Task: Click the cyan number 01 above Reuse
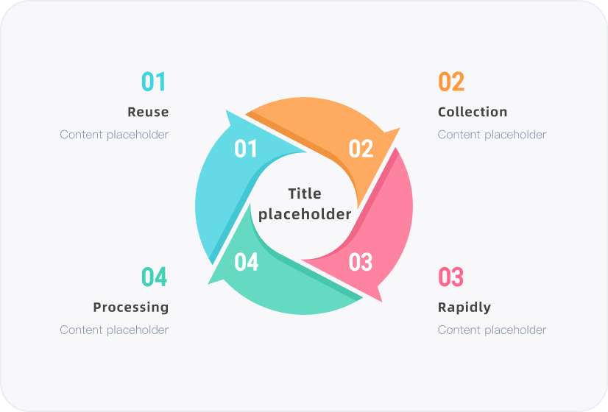click(x=154, y=82)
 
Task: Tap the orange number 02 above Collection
click(x=451, y=82)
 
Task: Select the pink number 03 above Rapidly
click(x=450, y=277)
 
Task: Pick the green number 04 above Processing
click(x=154, y=277)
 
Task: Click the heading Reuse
click(x=148, y=112)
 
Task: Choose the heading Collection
click(x=473, y=112)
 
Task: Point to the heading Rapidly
click(x=464, y=308)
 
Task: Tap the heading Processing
click(x=131, y=308)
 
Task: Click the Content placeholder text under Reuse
click(x=114, y=135)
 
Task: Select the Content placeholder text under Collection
click(x=492, y=135)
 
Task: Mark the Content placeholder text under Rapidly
click(x=492, y=330)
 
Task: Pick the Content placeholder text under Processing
click(x=114, y=330)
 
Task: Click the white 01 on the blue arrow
click(x=245, y=149)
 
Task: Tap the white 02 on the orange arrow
click(x=361, y=149)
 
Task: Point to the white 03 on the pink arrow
click(x=360, y=262)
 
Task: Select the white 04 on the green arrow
click(x=247, y=262)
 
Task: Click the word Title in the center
click(x=305, y=193)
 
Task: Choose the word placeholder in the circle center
click(x=305, y=214)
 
